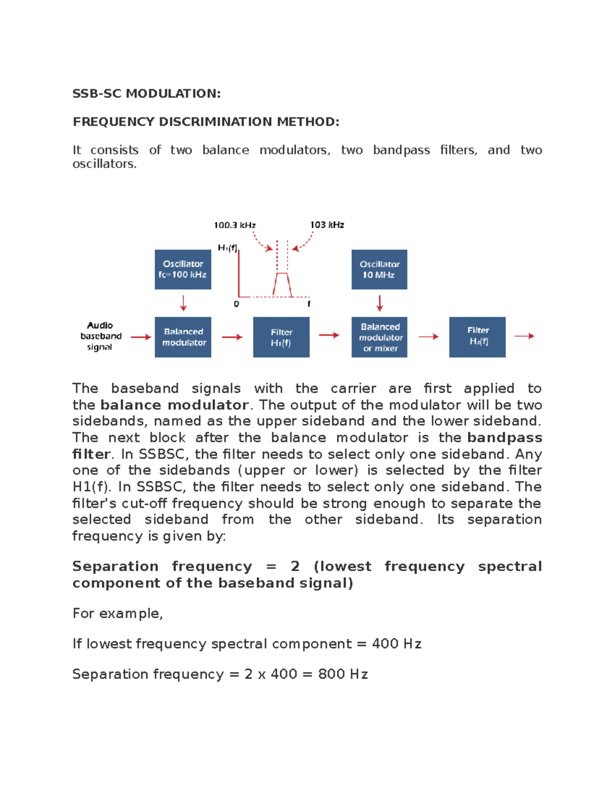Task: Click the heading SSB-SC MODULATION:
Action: coord(146,93)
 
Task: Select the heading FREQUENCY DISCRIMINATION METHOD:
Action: coord(206,121)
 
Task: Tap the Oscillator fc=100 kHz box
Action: coord(183,270)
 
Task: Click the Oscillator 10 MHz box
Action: coord(379,270)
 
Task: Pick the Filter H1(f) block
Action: coord(281,337)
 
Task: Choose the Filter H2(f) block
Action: coord(478,337)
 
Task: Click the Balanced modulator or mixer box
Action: coord(379,337)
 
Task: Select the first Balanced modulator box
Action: coord(183,337)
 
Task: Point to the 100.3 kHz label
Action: coord(235,225)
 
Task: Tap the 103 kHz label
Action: coord(327,225)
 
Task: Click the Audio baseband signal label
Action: coord(100,336)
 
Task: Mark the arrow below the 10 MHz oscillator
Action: coord(380,303)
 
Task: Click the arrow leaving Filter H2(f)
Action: coord(524,336)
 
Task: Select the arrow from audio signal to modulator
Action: coord(141,337)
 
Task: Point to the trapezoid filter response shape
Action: coord(282,284)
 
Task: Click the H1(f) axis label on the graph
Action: coord(228,248)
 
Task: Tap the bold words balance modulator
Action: coord(174,405)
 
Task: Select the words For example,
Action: coord(117,614)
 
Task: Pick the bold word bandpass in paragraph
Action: coord(504,438)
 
